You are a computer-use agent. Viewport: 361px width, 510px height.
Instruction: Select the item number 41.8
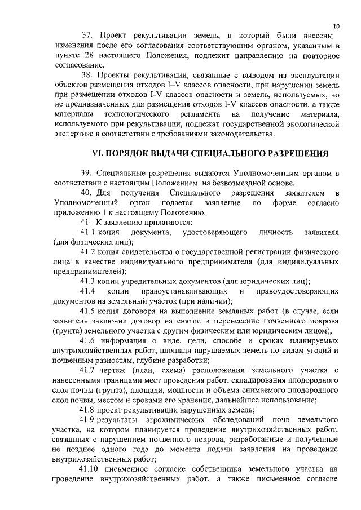click(89, 409)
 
